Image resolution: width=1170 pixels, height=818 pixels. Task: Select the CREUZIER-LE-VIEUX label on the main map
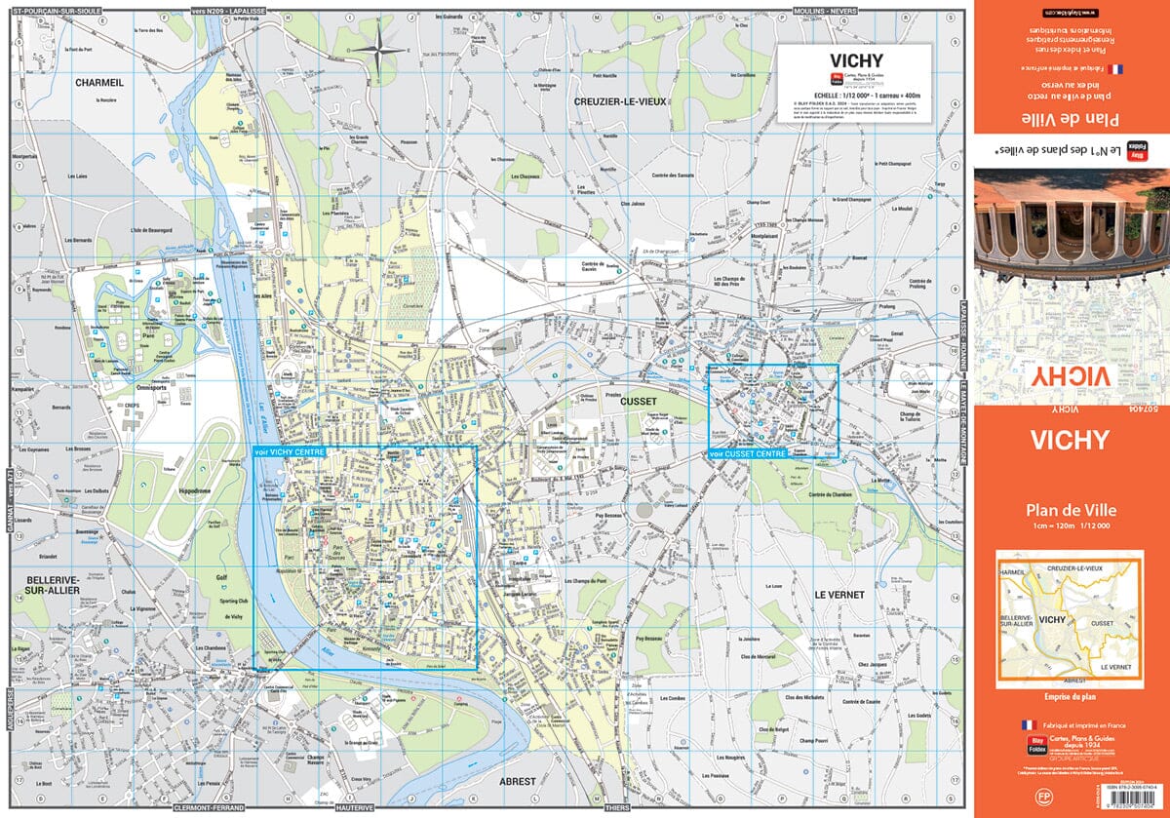click(x=619, y=101)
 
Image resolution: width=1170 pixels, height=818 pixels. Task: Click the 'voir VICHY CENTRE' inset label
click(x=289, y=452)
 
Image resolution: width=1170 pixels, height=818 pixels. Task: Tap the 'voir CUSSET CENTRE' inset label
click(x=748, y=453)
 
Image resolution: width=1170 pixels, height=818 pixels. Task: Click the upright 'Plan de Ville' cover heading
click(x=1071, y=509)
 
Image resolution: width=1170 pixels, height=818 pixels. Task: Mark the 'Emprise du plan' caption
click(x=1071, y=696)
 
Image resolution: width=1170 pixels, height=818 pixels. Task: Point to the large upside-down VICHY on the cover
click(x=1071, y=376)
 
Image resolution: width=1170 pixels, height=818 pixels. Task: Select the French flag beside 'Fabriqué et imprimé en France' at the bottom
click(x=1027, y=725)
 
